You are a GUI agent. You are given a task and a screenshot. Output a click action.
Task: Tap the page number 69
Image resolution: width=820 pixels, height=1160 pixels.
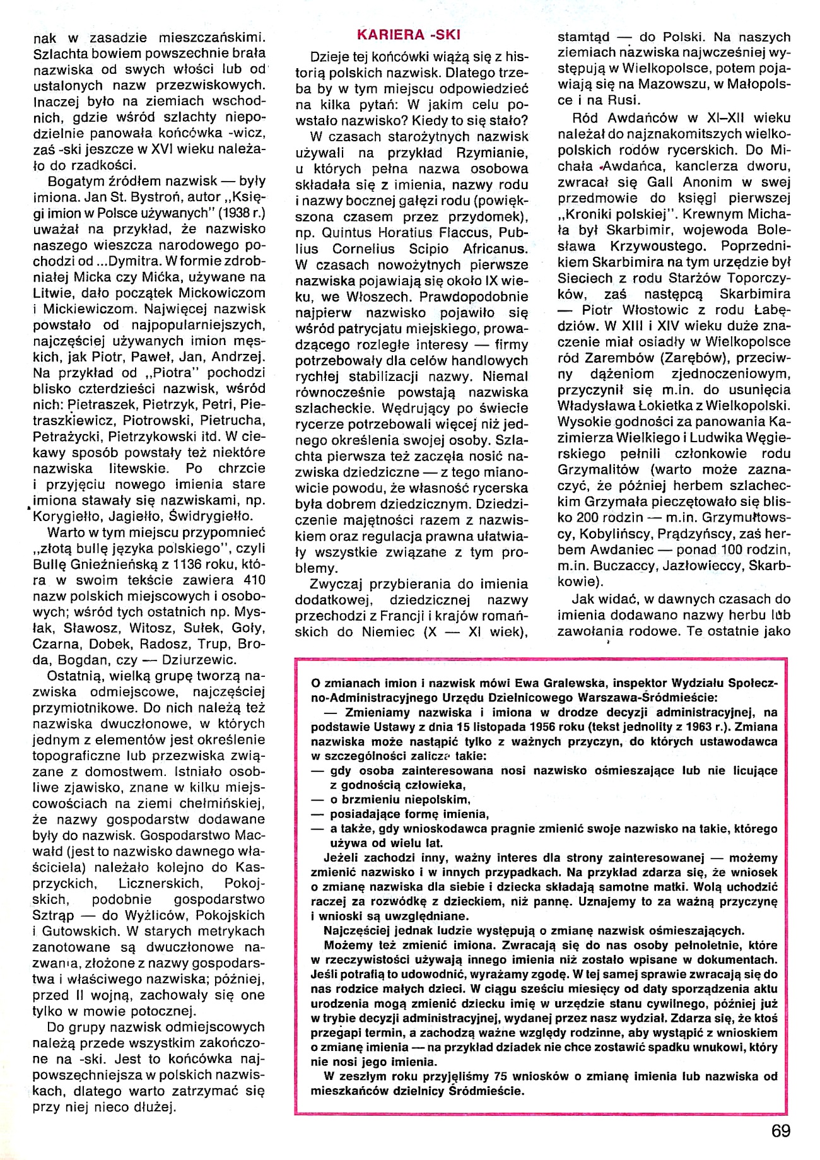pos(780,1131)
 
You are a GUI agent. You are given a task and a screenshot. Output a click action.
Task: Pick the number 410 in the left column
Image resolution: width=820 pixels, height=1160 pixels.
pos(252,580)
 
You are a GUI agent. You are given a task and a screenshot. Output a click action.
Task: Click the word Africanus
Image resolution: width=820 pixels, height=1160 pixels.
pos(495,249)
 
